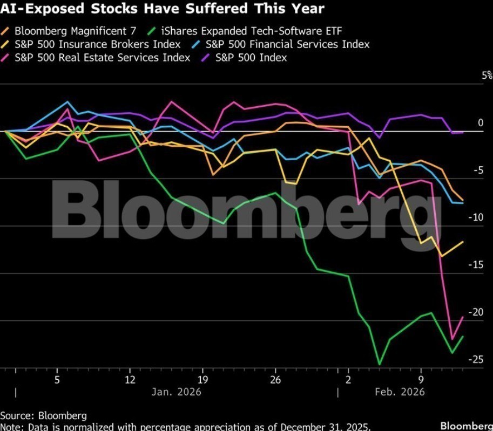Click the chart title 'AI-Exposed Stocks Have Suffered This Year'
click(162, 9)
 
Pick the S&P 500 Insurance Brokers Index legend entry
click(97, 44)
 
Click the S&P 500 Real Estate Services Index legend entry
click(103, 57)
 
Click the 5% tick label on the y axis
click(487, 76)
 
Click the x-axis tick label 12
click(130, 379)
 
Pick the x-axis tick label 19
click(202, 379)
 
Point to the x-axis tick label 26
click(275, 379)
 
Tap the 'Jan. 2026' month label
click(176, 392)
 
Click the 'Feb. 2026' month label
click(400, 392)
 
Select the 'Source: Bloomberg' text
click(43, 415)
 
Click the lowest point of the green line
click(380, 364)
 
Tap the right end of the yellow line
click(463, 242)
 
